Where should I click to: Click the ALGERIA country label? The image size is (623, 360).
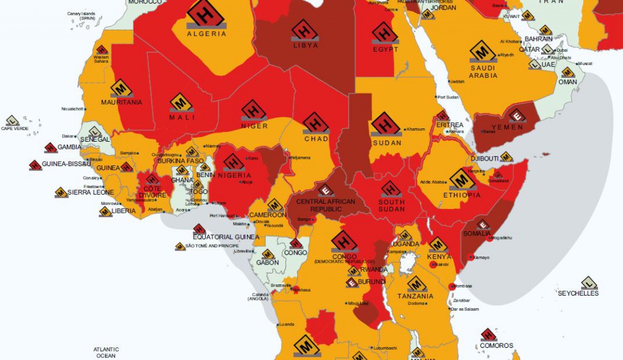click(x=206, y=34)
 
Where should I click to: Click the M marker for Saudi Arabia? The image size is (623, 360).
click(x=482, y=50)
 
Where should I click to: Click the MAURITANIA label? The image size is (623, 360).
click(x=121, y=102)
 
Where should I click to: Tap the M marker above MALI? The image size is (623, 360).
click(x=182, y=103)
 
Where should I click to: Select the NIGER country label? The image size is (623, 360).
click(x=254, y=126)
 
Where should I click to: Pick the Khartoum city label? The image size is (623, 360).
click(x=416, y=130)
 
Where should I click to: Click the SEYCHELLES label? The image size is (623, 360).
click(x=578, y=293)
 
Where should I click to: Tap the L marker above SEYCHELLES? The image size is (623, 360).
click(x=588, y=283)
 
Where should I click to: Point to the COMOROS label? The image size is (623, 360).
click(x=496, y=345)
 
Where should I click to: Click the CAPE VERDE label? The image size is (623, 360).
click(x=15, y=128)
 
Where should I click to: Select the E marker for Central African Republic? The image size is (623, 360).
click(x=325, y=190)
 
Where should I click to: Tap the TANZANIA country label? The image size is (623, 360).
click(x=416, y=296)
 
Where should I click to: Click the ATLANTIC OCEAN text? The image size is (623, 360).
click(x=106, y=352)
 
